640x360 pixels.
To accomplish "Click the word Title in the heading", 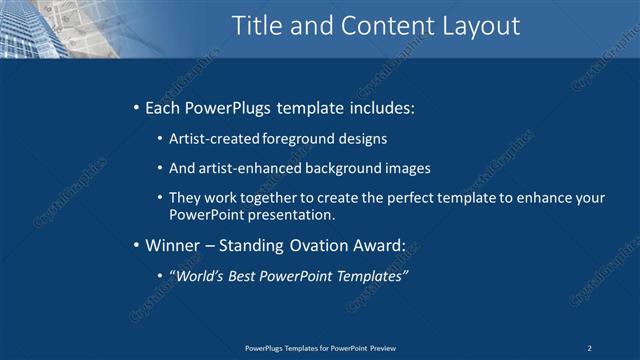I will pos(260,26).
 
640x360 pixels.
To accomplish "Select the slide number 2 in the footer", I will pos(590,347).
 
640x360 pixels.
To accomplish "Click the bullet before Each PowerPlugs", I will pos(136,107).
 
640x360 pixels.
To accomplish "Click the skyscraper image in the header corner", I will pos(40,28).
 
